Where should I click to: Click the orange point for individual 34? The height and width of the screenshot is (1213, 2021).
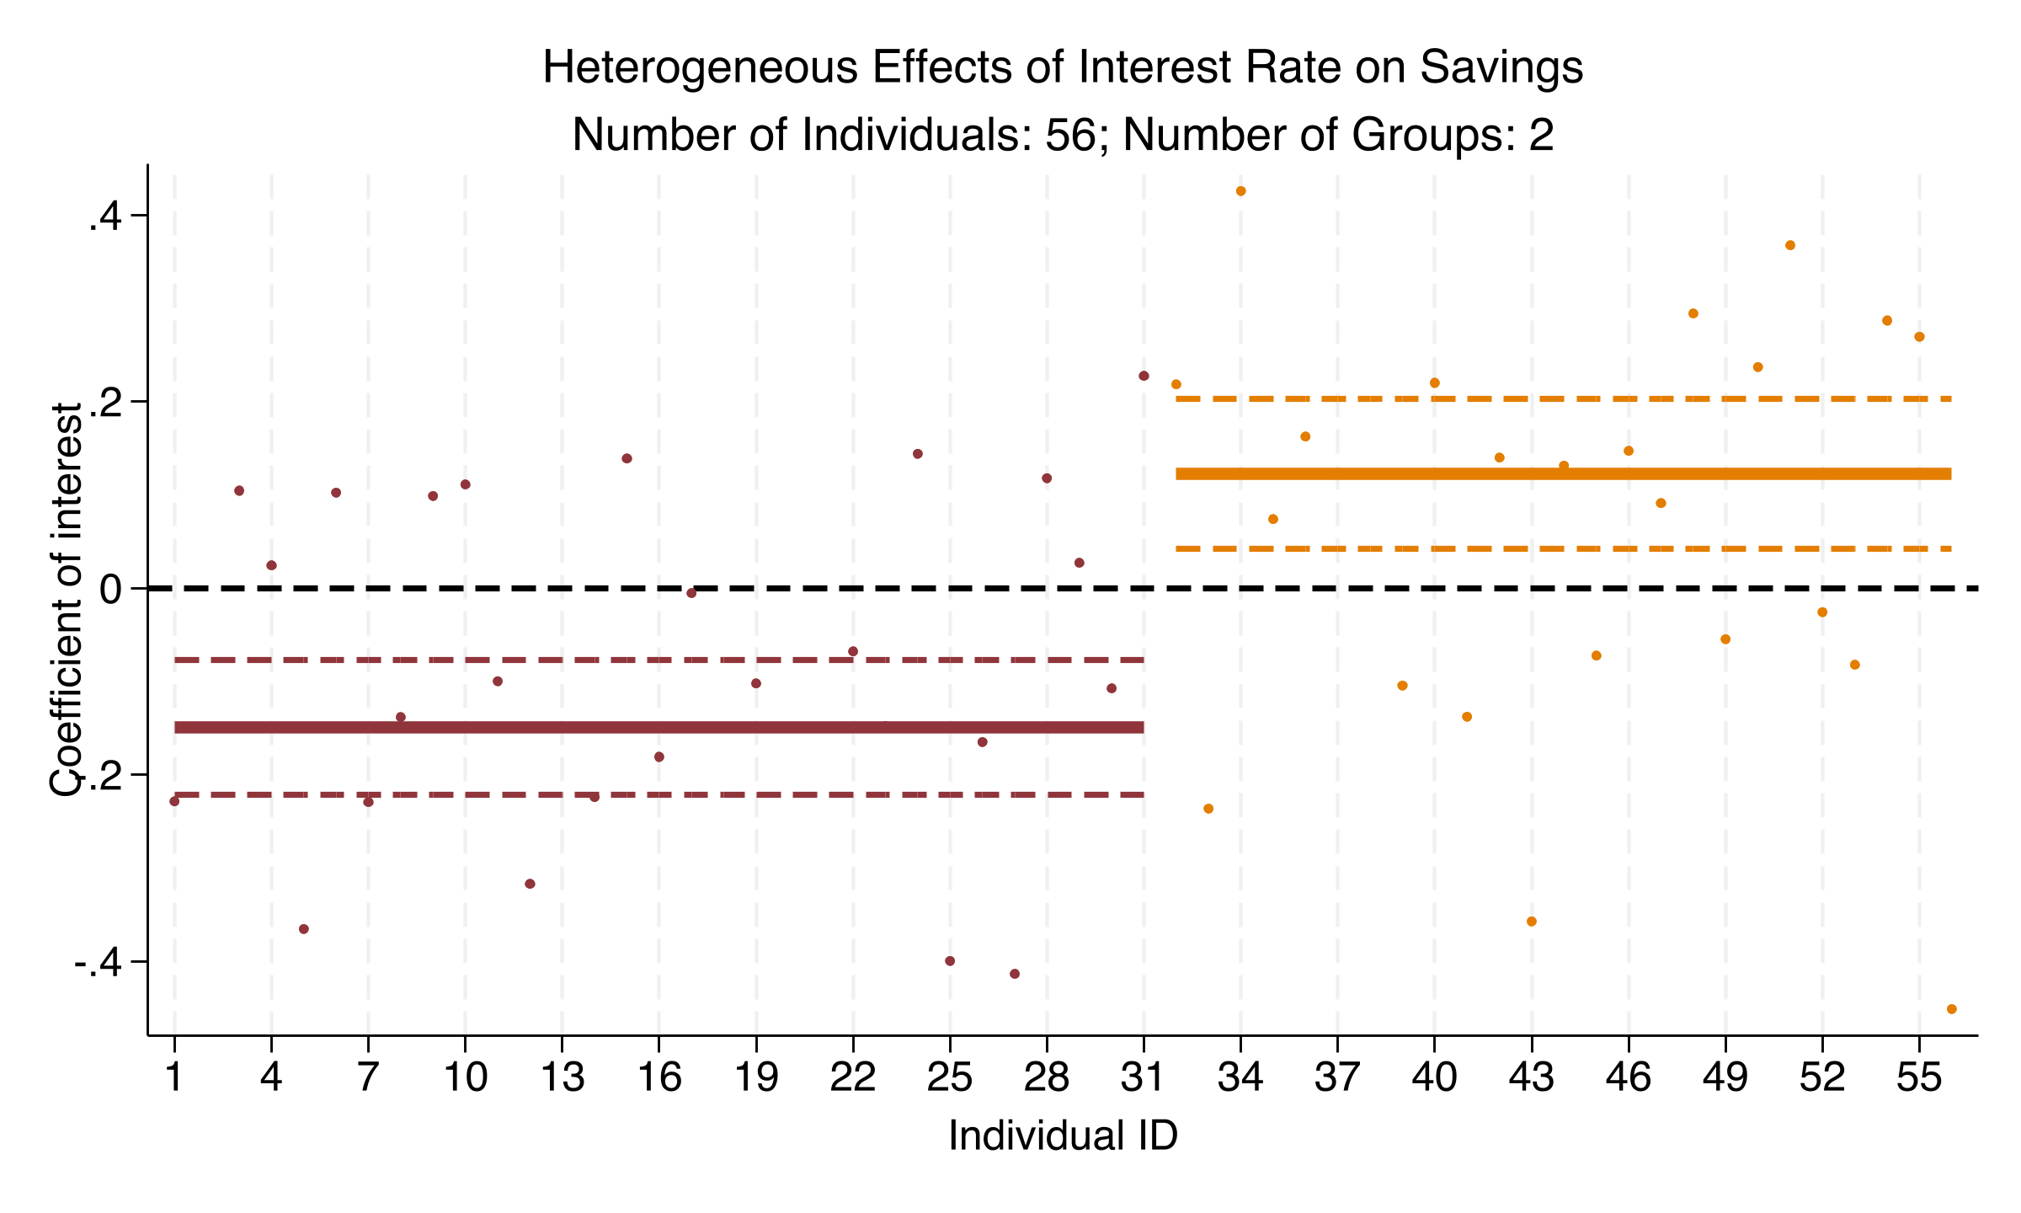pyautogui.click(x=1240, y=191)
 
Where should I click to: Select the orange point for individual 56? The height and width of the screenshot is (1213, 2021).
pyautogui.click(x=1952, y=1009)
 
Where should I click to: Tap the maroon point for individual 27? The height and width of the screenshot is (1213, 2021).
pyautogui.click(x=1015, y=974)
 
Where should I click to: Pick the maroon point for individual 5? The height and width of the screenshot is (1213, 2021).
pyautogui.click(x=304, y=929)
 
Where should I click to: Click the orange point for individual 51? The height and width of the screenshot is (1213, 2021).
pyautogui.click(x=1790, y=245)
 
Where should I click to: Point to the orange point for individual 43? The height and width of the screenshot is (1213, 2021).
pyautogui.click(x=1532, y=922)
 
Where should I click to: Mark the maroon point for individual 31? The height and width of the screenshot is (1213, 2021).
pyautogui.click(x=1144, y=376)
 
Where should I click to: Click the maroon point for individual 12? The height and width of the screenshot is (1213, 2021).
pyautogui.click(x=530, y=884)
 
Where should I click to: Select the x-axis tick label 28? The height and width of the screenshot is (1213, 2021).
pyautogui.click(x=1047, y=1078)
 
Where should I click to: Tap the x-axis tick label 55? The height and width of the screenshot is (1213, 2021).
pyautogui.click(x=1919, y=1078)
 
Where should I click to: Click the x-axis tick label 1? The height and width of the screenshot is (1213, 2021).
pyautogui.click(x=174, y=1078)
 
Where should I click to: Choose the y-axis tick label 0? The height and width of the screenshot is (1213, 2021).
pyautogui.click(x=113, y=589)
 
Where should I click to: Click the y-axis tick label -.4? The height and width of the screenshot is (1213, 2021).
pyautogui.click(x=99, y=962)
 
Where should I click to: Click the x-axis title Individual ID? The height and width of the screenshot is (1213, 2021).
pyautogui.click(x=1063, y=1136)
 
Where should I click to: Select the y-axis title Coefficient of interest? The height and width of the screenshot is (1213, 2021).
pyautogui.click(x=66, y=600)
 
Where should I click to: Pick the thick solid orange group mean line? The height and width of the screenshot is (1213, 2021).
pyautogui.click(x=1563, y=474)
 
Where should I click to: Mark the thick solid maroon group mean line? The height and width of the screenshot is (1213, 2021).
pyautogui.click(x=659, y=728)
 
